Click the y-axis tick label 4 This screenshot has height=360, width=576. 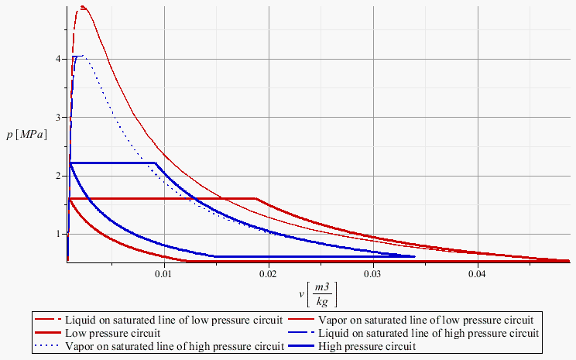[57, 59]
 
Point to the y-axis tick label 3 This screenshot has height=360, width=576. [57, 117]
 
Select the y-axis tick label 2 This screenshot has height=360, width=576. [57, 176]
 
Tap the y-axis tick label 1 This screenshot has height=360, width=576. [57, 234]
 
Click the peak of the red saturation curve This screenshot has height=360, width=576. [82, 7]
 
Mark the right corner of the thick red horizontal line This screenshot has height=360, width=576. [255, 199]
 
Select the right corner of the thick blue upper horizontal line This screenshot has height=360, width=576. [156, 163]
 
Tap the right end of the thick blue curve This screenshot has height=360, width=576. [414, 256]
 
